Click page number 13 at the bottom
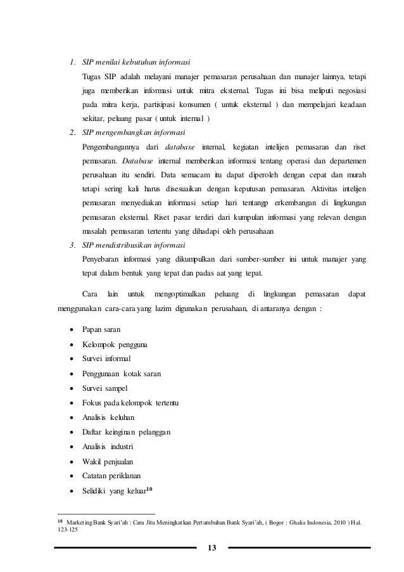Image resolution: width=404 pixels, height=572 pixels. (211, 548)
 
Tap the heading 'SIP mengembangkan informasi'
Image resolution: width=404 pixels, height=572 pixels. (134, 133)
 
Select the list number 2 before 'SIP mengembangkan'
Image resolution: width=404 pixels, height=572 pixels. (73, 133)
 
